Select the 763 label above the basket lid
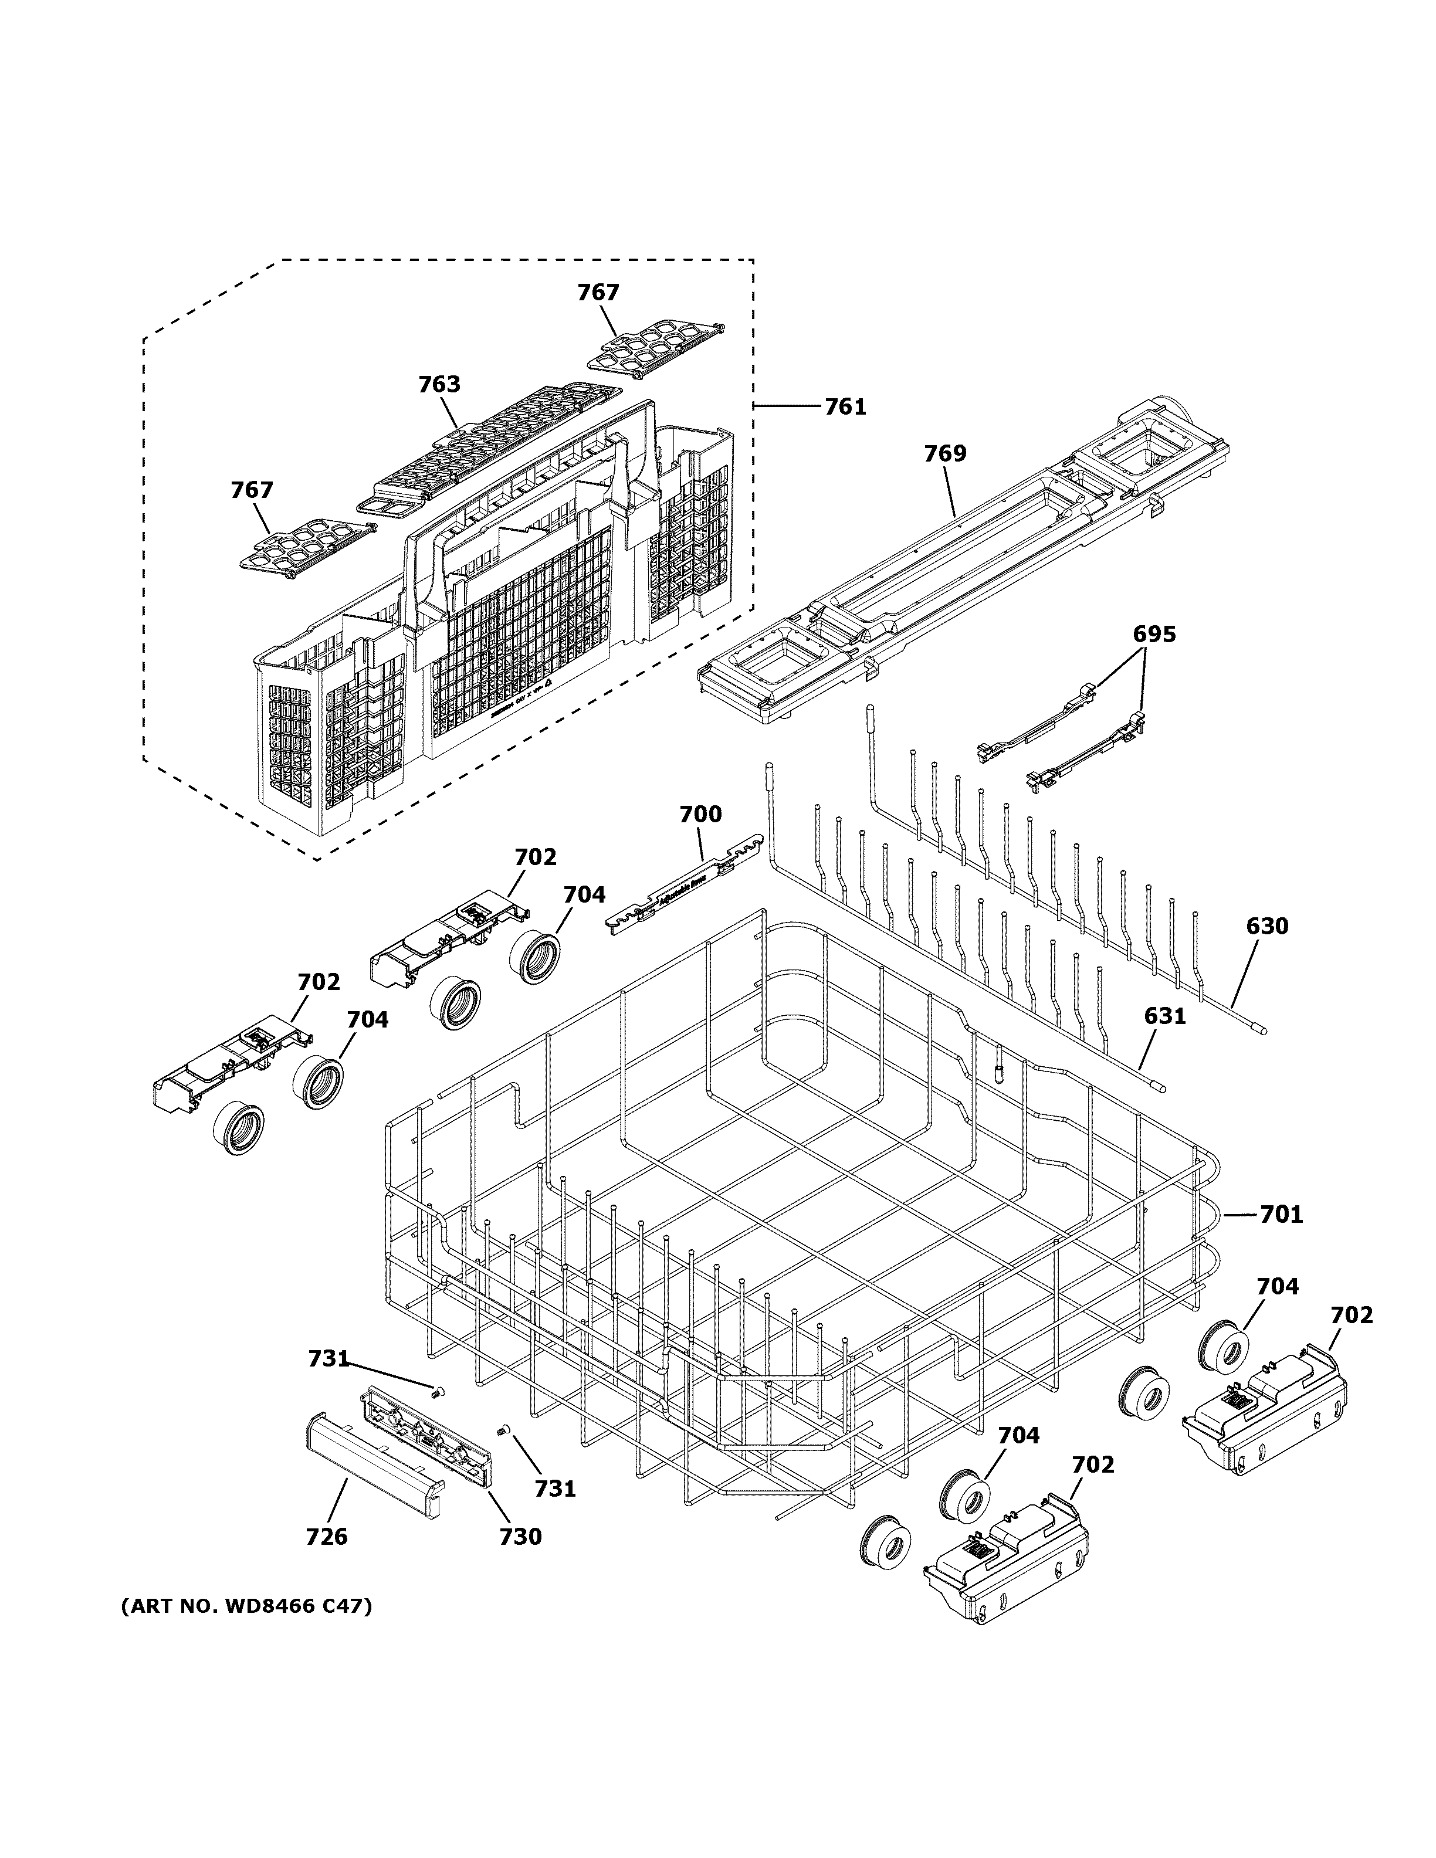(x=439, y=385)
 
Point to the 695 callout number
(x=1154, y=635)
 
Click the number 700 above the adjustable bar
(x=700, y=815)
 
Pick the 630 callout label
(x=1266, y=927)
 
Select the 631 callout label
(x=1164, y=1016)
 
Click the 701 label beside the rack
(x=1281, y=1215)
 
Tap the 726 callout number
(x=327, y=1537)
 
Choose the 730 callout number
(x=521, y=1537)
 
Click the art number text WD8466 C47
(x=247, y=1607)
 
